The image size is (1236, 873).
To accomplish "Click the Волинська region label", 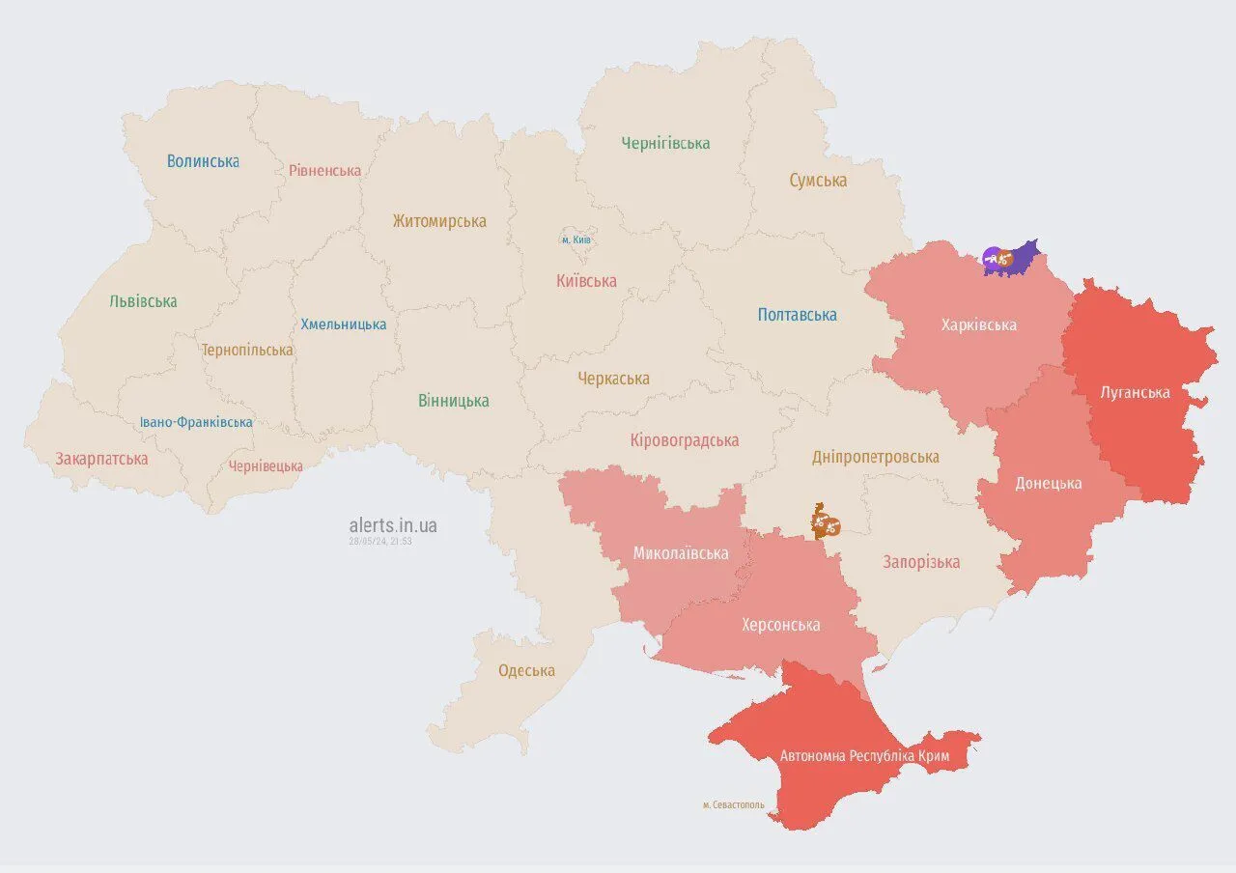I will click(x=203, y=161).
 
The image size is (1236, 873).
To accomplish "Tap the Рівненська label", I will click(x=324, y=171).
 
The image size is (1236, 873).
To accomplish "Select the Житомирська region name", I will click(x=439, y=221).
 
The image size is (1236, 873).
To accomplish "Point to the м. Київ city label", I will click(x=576, y=239).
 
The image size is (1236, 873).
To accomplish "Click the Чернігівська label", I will click(x=665, y=144).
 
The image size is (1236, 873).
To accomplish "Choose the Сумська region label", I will click(x=818, y=181).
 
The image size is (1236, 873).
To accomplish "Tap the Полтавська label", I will click(x=797, y=315).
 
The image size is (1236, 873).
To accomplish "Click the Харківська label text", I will click(x=979, y=325).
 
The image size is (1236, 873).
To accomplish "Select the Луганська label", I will click(x=1135, y=393).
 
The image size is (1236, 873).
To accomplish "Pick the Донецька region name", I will click(x=1048, y=484).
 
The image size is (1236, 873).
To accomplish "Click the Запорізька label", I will click(x=921, y=562).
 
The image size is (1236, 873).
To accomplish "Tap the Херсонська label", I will click(x=780, y=626).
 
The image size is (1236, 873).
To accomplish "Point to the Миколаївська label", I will click(x=681, y=553).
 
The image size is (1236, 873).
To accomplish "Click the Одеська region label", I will click(x=526, y=671).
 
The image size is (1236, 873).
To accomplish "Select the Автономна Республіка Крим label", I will click(x=864, y=756).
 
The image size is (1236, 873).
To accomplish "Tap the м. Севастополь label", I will click(x=733, y=804).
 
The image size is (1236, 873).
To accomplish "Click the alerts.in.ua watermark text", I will click(x=392, y=525).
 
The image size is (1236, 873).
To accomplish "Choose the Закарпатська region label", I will click(x=101, y=459).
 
